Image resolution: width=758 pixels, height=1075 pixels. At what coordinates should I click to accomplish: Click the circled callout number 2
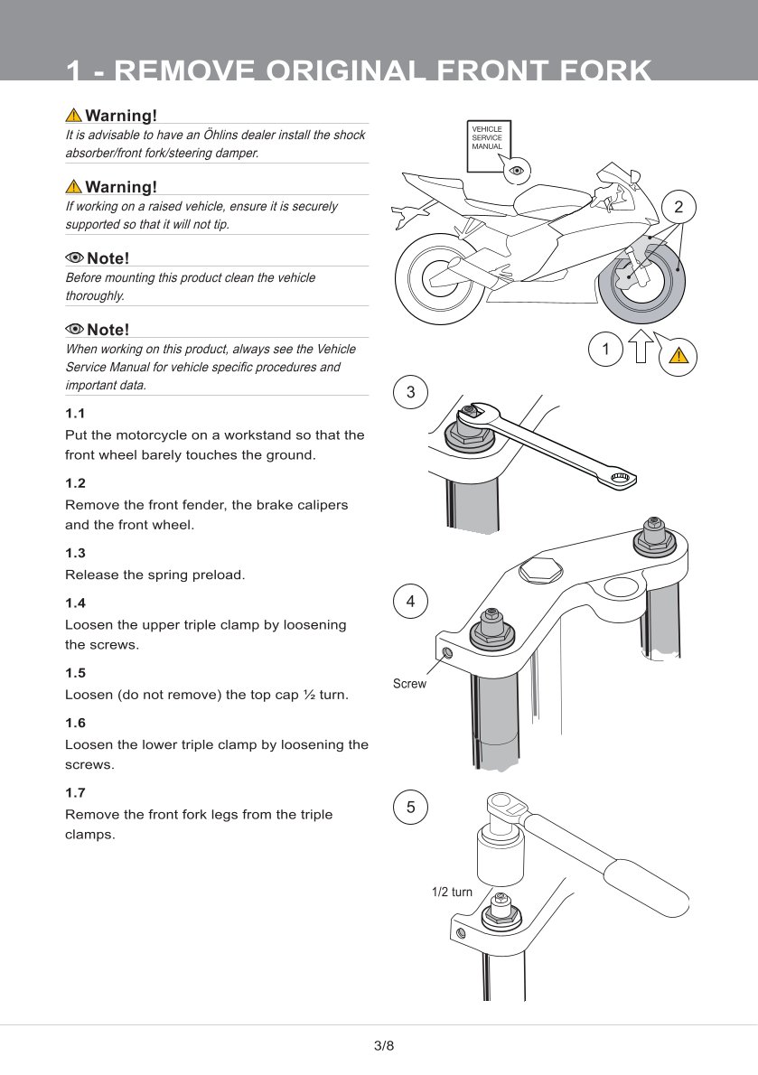tap(678, 207)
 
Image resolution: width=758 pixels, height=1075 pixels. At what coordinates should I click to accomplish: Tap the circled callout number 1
tap(605, 350)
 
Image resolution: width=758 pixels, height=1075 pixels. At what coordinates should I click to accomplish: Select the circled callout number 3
tap(410, 392)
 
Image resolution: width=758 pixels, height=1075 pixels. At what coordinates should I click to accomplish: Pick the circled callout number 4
tap(410, 602)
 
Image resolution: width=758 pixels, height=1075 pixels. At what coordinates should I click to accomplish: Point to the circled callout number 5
tap(410, 807)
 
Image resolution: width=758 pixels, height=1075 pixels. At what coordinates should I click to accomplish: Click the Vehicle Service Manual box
tap(488, 145)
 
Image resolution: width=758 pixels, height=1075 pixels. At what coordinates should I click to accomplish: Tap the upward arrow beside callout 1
tap(641, 345)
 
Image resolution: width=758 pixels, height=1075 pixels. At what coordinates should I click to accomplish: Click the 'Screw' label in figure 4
tap(409, 684)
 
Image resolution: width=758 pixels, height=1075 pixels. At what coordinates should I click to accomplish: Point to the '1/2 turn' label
tap(452, 892)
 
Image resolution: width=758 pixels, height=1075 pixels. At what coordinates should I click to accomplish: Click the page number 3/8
tap(384, 1045)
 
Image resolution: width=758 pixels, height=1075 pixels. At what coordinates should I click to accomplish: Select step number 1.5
tap(75, 673)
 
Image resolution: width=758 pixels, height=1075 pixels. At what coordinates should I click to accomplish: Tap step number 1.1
tap(75, 414)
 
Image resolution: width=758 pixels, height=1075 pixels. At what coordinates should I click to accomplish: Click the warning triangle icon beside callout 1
tap(678, 354)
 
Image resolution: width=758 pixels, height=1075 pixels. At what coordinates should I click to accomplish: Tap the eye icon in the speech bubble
tap(516, 170)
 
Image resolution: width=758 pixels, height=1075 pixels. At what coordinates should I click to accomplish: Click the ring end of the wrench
tap(622, 479)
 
